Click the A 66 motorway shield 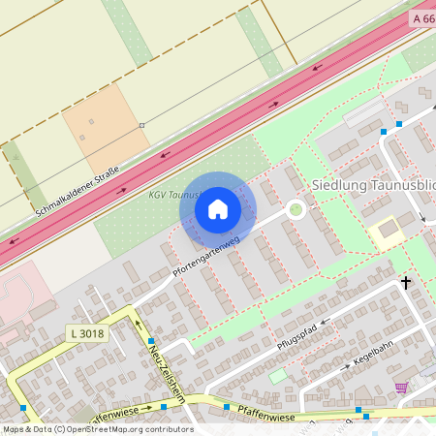click(x=422, y=18)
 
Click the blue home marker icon click(x=218, y=209)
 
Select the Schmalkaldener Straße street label click(x=77, y=191)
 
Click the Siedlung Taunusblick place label click(x=372, y=184)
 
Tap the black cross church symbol click(x=405, y=282)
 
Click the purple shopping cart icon click(x=401, y=388)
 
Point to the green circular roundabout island click(x=296, y=208)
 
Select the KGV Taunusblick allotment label click(x=174, y=195)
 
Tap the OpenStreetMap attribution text click(x=97, y=428)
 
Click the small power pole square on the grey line click(x=141, y=125)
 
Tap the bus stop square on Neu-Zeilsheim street click(x=151, y=341)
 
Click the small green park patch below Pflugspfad click(x=279, y=375)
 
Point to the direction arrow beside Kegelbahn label click(x=345, y=368)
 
